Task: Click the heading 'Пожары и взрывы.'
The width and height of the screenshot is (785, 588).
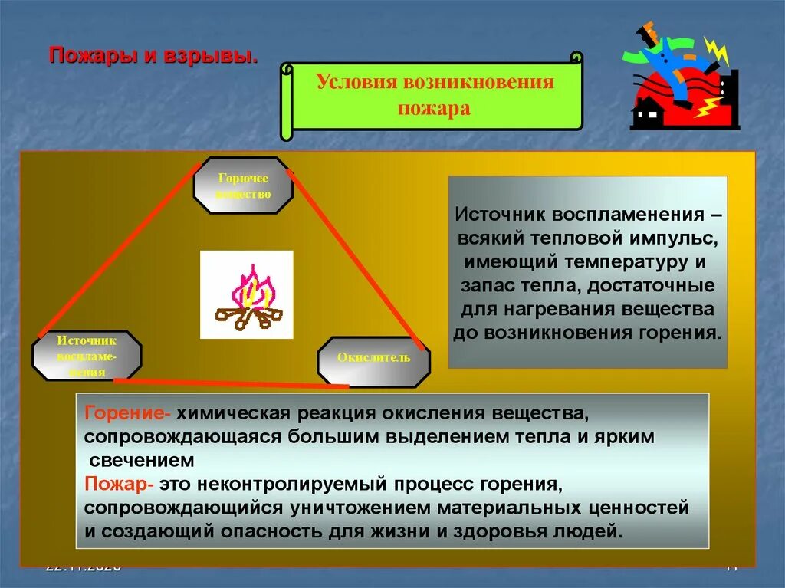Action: pyautogui.click(x=153, y=57)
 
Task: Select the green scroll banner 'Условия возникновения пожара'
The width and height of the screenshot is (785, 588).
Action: pyautogui.click(x=434, y=95)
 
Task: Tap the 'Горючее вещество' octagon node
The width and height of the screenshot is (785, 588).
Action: pyautogui.click(x=244, y=186)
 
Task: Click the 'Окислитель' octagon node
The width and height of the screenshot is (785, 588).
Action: pyautogui.click(x=374, y=359)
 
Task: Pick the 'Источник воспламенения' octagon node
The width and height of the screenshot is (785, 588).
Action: pyautogui.click(x=87, y=354)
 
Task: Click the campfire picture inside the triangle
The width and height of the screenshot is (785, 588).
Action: pyautogui.click(x=247, y=295)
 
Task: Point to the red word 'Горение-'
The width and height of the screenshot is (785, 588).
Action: pyautogui.click(x=128, y=414)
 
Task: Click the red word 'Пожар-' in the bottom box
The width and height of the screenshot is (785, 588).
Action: pyautogui.click(x=121, y=485)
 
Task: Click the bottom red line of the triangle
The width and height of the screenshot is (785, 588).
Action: pyautogui.click(x=230, y=382)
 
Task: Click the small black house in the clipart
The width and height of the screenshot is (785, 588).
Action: pyautogui.click(x=648, y=113)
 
